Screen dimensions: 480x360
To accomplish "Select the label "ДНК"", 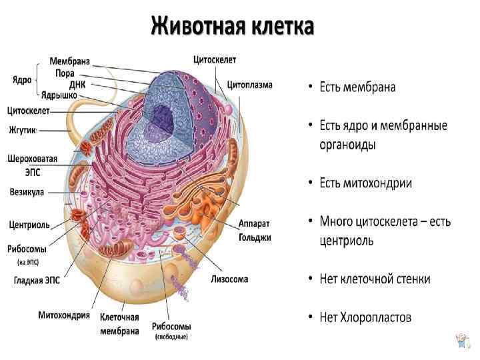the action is coord(76,85).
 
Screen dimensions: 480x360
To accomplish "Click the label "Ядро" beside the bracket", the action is coord(22,80).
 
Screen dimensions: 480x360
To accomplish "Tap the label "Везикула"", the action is coord(27,192).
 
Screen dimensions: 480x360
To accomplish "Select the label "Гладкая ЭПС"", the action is coord(37,281).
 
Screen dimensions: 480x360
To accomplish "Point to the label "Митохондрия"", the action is coord(64,315).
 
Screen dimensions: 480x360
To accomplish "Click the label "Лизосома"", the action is coord(229,279).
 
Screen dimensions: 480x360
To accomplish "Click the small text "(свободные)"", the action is coord(171,337).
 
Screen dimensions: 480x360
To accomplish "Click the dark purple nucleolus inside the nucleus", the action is coord(161,118).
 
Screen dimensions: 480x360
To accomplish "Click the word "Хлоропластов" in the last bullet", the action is coord(378,317).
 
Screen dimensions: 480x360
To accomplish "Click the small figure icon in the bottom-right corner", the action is coord(461,341).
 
